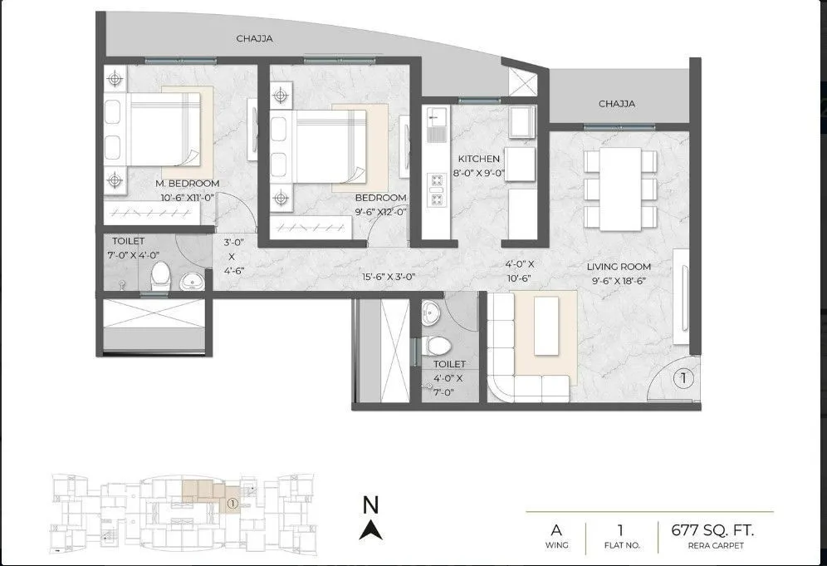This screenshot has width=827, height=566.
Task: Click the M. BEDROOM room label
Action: pos(188,183)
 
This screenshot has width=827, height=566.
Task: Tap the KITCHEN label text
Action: pos(479,159)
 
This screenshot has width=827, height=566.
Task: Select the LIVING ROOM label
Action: pos(619,267)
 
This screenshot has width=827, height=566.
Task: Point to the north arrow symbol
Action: pos(371,528)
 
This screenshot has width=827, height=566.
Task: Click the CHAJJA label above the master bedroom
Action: pos(255,38)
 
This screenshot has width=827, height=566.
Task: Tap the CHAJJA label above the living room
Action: pos(617,104)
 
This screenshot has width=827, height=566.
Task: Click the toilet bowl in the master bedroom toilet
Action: pos(161,277)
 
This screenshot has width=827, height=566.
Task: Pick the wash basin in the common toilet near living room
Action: pos(431,313)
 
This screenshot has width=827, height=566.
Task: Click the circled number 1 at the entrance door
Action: pos(683,378)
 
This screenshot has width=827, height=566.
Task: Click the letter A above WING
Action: pos(555,529)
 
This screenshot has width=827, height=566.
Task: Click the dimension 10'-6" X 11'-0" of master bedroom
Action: pos(188,197)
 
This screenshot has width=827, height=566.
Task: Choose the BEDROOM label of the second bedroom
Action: pos(381,198)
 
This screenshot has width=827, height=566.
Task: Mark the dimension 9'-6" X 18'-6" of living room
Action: pos(619,281)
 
